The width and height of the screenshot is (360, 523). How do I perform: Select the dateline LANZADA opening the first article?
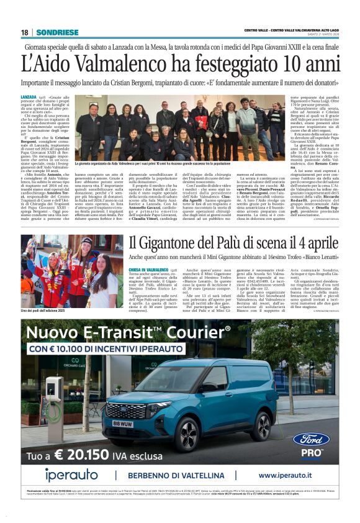pos(28,98)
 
